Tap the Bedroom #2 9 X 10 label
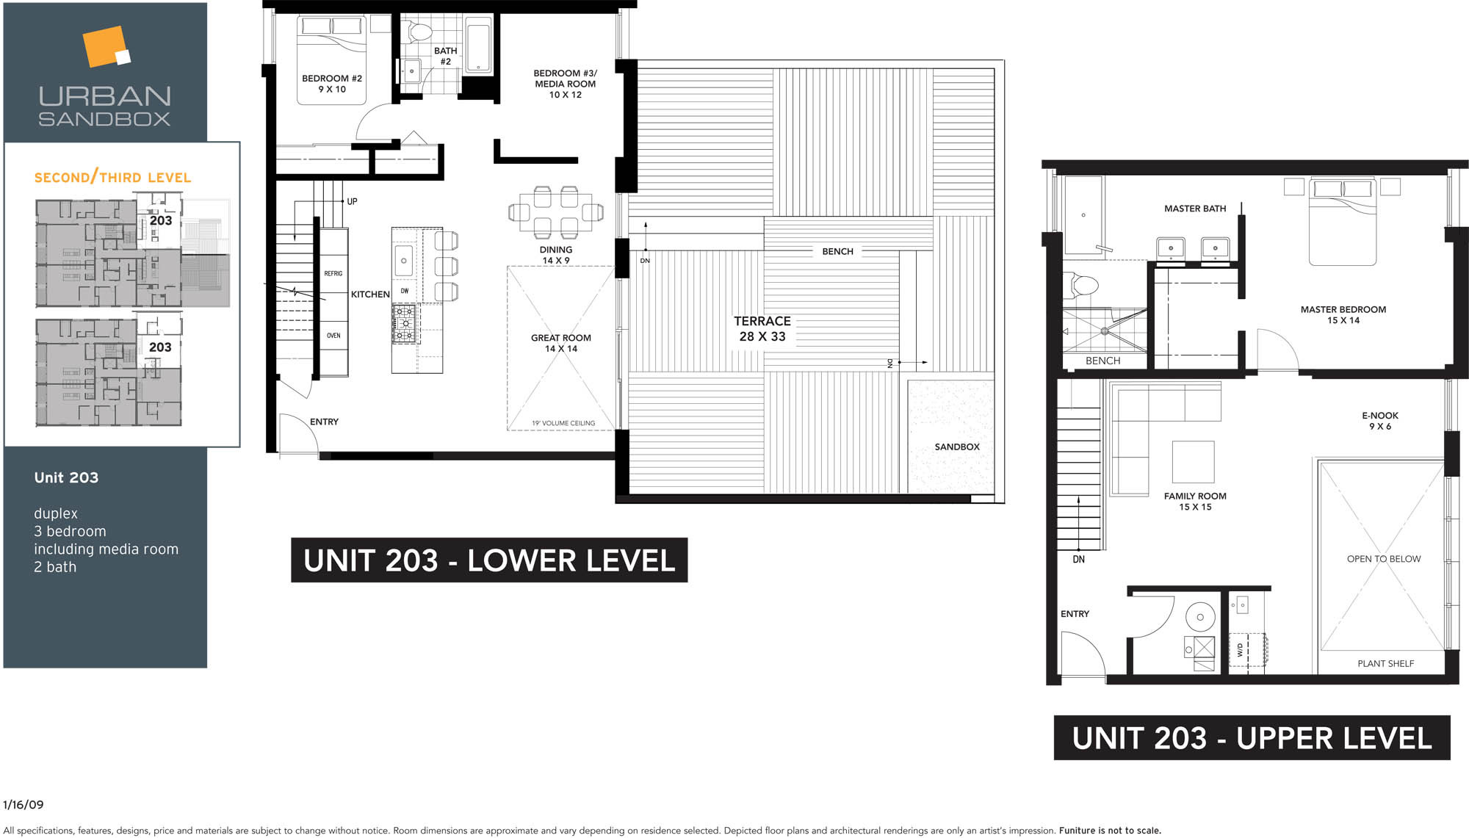click(332, 84)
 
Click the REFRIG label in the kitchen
click(333, 273)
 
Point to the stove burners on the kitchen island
click(405, 324)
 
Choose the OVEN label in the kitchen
click(333, 336)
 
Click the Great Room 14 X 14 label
click(561, 343)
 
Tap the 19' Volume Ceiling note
click(563, 423)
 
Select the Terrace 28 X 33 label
click(762, 328)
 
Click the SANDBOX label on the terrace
click(957, 447)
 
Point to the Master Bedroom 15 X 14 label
click(1343, 314)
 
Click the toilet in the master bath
click(1080, 285)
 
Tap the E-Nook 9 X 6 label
click(1380, 421)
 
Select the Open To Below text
click(1384, 559)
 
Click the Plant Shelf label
click(1385, 663)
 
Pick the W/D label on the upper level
click(1241, 649)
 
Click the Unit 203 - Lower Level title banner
click(489, 560)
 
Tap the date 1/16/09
click(24, 805)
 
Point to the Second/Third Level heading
click(112, 177)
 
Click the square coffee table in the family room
click(1193, 462)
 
